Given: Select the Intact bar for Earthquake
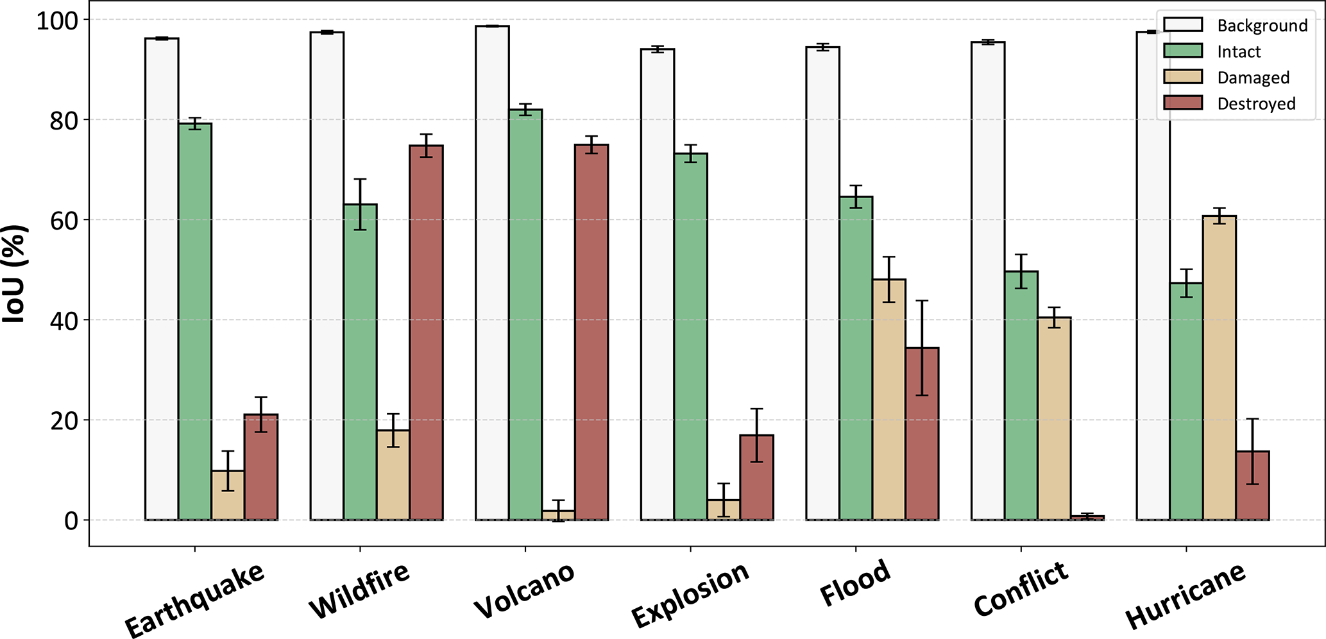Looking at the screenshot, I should [x=195, y=321].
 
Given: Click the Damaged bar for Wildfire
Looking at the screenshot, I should [x=393, y=475].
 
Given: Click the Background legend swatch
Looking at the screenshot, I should [x=1183, y=25].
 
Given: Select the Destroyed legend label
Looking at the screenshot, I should [x=1256, y=104].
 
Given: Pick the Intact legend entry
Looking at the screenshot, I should [x=1239, y=52].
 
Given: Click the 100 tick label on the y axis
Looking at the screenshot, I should [x=56, y=21].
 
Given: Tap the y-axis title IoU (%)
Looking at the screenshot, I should [x=14, y=274].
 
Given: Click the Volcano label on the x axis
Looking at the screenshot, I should [x=524, y=590].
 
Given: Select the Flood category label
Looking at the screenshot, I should [x=855, y=582].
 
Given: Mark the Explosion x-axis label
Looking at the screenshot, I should [x=690, y=595].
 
